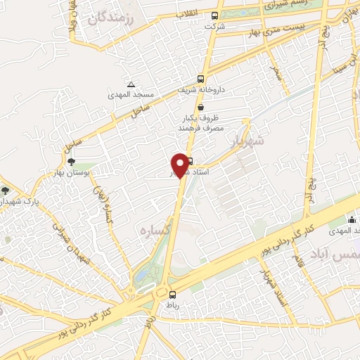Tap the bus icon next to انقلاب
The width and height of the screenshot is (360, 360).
[x=214, y=15]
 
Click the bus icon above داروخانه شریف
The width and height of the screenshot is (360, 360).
[x=201, y=79]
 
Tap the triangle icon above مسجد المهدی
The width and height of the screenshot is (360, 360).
[x=131, y=84]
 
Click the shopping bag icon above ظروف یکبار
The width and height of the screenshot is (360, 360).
[x=202, y=108]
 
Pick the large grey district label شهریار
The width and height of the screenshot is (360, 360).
[x=247, y=143]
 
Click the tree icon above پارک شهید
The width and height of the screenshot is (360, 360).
[x=6, y=190]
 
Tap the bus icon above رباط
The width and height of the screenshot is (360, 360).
[x=173, y=295]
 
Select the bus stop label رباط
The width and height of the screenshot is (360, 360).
[x=173, y=304]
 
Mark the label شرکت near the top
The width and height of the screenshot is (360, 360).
[x=210, y=26]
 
